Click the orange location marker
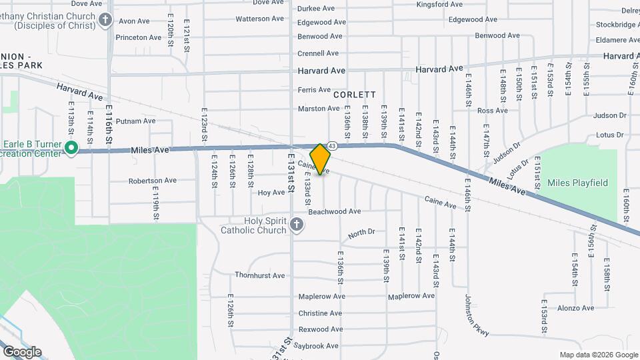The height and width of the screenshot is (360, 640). pyautogui.click(x=320, y=159)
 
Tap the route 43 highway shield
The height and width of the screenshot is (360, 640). pyautogui.click(x=331, y=145)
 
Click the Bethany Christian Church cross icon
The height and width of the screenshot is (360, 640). pyautogui.click(x=105, y=20)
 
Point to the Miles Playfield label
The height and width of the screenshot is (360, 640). pyautogui.click(x=577, y=183)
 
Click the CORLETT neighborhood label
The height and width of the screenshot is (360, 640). pyautogui.click(x=355, y=95)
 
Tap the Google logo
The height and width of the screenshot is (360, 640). pyautogui.click(x=22, y=351)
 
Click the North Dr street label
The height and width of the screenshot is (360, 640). pyautogui.click(x=361, y=233)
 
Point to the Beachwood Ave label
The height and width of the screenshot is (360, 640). pyautogui.click(x=334, y=211)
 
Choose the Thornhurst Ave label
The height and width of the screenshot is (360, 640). pyautogui.click(x=259, y=275)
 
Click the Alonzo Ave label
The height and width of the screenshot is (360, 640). pyautogui.click(x=575, y=308)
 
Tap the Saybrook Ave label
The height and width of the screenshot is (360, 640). pyautogui.click(x=319, y=346)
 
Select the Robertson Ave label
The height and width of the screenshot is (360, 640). pyautogui.click(x=152, y=180)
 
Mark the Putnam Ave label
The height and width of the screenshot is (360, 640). pyautogui.click(x=135, y=121)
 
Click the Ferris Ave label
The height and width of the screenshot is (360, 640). pyautogui.click(x=314, y=89)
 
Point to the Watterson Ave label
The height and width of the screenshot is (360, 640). pyautogui.click(x=261, y=19)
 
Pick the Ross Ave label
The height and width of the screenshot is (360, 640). pyautogui.click(x=493, y=111)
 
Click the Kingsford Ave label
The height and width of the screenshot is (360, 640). pyautogui.click(x=439, y=4)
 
